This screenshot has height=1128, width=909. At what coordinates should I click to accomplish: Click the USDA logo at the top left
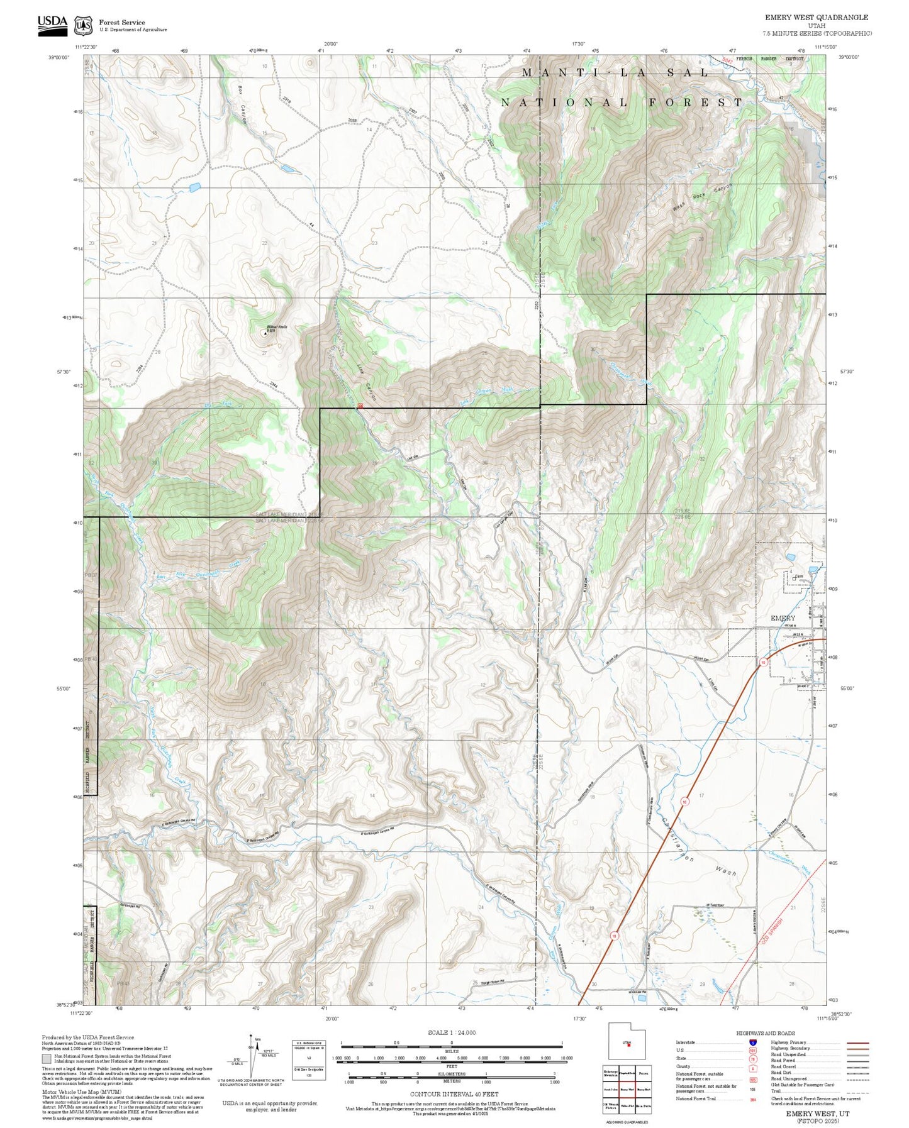point(52,24)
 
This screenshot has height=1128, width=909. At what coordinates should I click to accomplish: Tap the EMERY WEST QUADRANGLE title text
point(816,18)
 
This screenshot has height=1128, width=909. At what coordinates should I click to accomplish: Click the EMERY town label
point(783,618)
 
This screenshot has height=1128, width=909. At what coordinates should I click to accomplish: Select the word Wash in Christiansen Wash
point(725,872)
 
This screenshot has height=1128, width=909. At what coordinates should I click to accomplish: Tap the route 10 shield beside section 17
point(684,801)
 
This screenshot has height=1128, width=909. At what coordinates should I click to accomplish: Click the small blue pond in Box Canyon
point(286,169)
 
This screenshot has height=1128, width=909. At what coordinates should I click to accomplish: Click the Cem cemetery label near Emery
point(800,577)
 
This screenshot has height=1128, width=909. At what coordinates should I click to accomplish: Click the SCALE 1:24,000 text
point(451,1032)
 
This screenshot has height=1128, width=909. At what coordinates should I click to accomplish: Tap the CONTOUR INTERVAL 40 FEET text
point(451,1095)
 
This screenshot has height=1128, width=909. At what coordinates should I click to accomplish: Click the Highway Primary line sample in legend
point(858,1042)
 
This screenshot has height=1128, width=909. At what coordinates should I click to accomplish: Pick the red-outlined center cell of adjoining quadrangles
point(626,1088)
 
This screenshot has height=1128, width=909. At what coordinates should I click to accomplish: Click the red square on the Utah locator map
point(628,1046)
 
